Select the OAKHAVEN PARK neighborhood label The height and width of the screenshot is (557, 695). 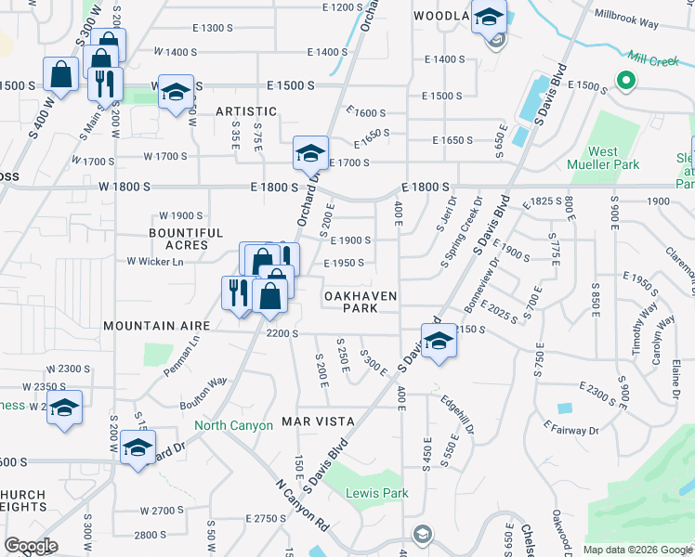360,302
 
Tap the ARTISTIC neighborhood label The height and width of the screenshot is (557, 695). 246,110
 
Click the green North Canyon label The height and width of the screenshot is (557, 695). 233,425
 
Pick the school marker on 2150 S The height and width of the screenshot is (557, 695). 439,340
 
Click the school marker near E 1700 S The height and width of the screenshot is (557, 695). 311,153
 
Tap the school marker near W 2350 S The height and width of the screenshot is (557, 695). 64,407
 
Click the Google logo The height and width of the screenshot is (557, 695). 31,545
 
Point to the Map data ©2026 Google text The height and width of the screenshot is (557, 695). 636,550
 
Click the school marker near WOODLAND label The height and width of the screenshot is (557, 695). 489,17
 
